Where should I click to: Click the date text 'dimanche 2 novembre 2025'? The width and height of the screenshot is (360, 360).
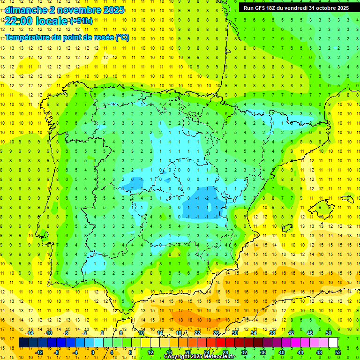coord(65,10)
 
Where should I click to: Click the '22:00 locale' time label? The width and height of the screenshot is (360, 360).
coord(37,21)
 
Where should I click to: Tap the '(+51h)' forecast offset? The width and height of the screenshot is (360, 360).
coord(81,21)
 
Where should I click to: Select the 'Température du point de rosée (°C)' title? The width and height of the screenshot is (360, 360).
coord(67,37)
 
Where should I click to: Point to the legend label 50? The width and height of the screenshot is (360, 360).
coord(329,333)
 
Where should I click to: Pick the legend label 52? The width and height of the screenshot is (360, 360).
coord(338,352)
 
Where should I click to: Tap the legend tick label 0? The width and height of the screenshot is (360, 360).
coord(93,352)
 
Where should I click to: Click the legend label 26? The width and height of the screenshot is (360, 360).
coord(216,333)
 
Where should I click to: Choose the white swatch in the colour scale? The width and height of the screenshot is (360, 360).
coord(333,342)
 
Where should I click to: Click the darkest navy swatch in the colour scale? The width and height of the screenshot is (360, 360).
coord(24,342)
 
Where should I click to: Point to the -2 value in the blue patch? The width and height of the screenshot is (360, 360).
coord(207,198)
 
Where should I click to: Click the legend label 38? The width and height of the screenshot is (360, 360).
coord(272,333)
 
